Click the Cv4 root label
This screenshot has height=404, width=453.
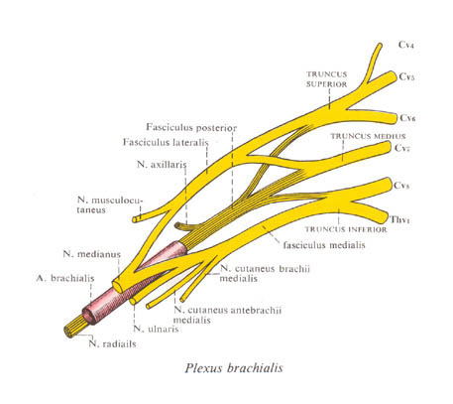[x=406, y=45]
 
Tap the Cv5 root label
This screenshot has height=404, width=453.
[x=406, y=76]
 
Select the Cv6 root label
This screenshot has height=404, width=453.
[x=407, y=118]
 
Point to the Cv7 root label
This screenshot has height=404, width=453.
[x=402, y=148]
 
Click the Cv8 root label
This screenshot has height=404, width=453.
[x=401, y=185]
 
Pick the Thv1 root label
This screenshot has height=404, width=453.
[x=399, y=219]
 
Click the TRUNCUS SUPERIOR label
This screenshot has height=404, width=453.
[x=326, y=79]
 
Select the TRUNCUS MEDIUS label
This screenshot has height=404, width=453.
[x=368, y=136]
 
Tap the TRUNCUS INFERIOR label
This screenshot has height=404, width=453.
[x=346, y=229]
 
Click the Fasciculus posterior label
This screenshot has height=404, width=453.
[x=191, y=127]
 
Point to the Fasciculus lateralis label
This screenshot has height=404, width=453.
[x=166, y=142]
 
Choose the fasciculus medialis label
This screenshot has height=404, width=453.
[x=324, y=245]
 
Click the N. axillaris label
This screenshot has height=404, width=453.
[x=162, y=164]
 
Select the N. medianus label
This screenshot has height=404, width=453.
[x=92, y=254]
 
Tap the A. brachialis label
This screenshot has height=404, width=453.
[x=65, y=278]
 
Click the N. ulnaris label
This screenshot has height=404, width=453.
[x=156, y=329]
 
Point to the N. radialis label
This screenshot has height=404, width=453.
[x=112, y=343]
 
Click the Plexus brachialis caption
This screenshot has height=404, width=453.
[x=234, y=368]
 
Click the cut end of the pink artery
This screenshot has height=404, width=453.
[x=88, y=316]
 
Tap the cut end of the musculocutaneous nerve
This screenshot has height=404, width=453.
[x=134, y=219]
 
